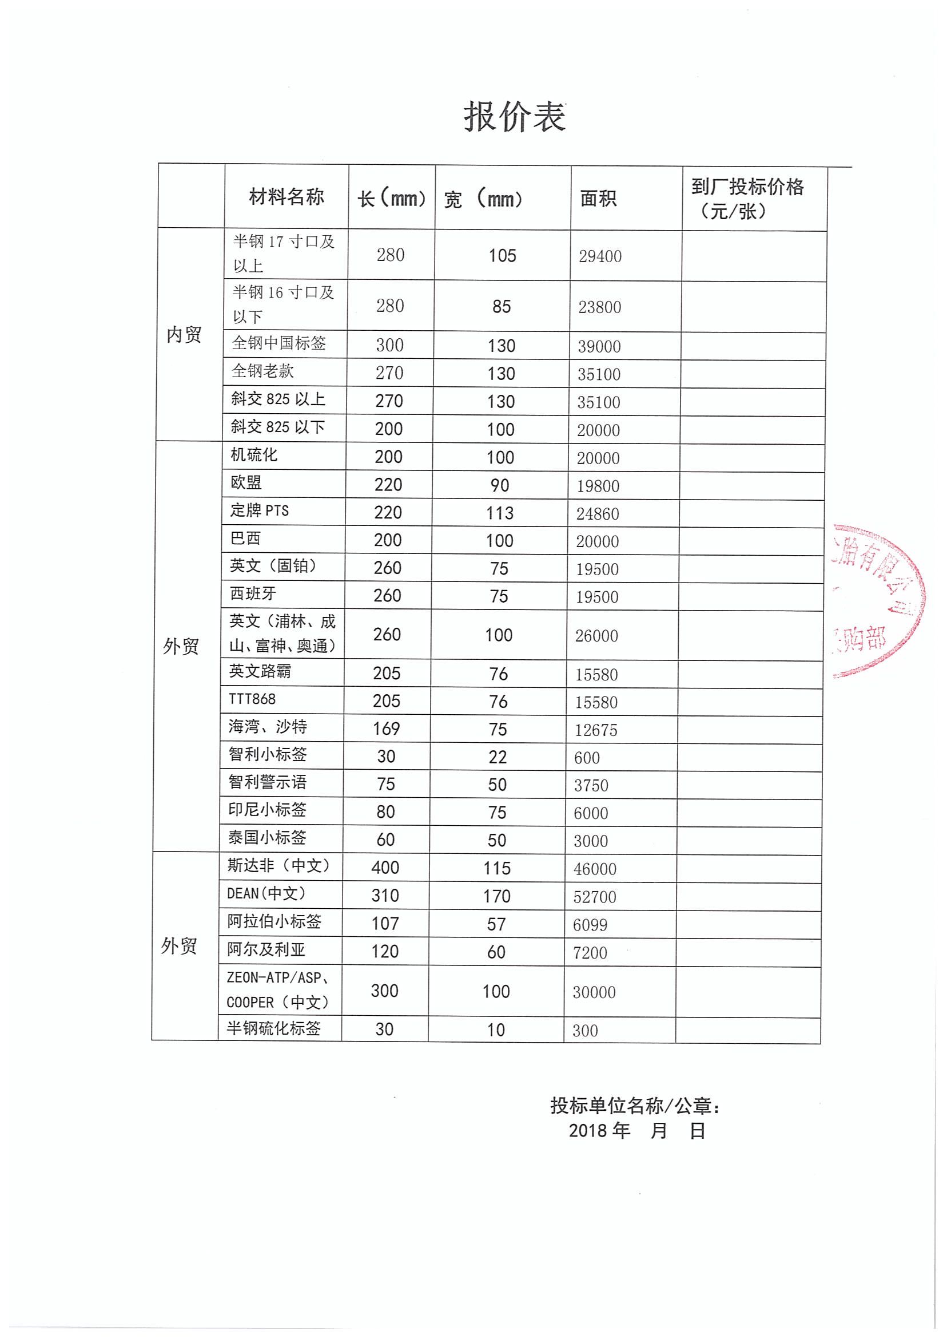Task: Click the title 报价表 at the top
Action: click(x=514, y=117)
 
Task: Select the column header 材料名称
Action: click(x=287, y=197)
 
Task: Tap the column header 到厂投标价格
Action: click(x=747, y=187)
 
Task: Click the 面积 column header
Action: click(x=598, y=199)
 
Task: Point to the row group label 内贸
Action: click(x=184, y=334)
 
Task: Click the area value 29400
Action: click(x=600, y=256)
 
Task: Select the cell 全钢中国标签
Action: click(x=278, y=343)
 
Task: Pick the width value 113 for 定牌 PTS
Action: click(x=500, y=513)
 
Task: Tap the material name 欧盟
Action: click(x=246, y=482)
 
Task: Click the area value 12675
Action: click(x=596, y=730)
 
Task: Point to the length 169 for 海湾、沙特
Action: click(x=386, y=729)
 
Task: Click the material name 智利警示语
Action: click(x=267, y=782)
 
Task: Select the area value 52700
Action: click(x=595, y=897)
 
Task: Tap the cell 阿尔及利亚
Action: click(x=266, y=949)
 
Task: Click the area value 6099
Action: click(x=590, y=925)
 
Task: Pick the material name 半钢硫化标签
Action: click(x=273, y=1028)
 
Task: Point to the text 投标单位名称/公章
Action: click(x=634, y=1106)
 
